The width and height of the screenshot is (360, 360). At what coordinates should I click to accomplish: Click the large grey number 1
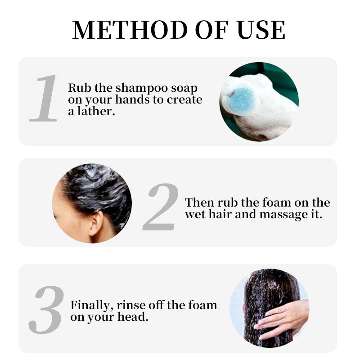[x=45, y=99]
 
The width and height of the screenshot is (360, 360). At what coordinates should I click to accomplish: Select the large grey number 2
[x=161, y=207]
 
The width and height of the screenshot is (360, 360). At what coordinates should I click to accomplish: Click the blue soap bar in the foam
[x=242, y=99]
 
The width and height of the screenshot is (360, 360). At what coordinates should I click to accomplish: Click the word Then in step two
[x=199, y=202]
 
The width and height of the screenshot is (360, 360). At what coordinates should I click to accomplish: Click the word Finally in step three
[x=91, y=306]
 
